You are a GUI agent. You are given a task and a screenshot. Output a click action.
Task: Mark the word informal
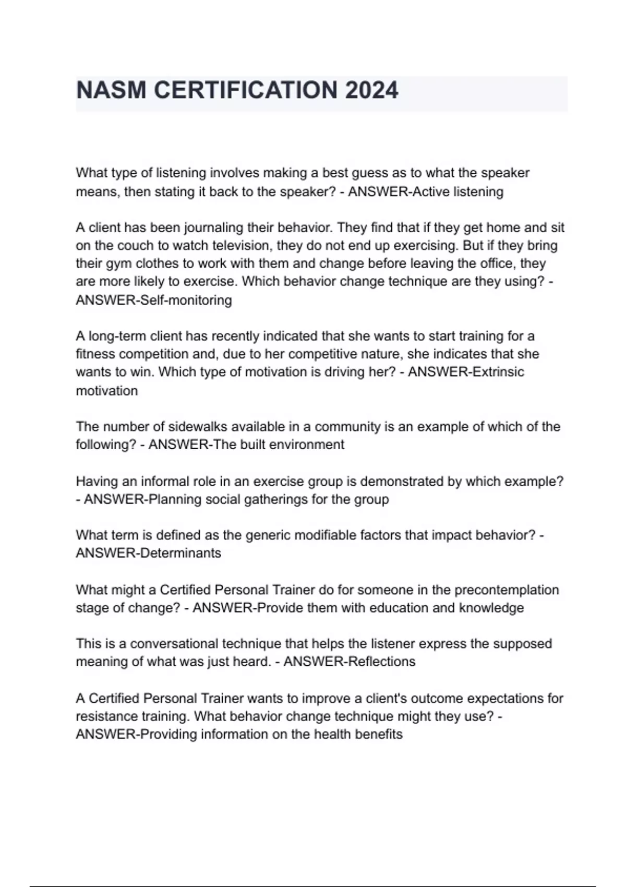(162, 481)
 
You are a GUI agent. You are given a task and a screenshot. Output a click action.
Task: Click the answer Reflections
(381, 662)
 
